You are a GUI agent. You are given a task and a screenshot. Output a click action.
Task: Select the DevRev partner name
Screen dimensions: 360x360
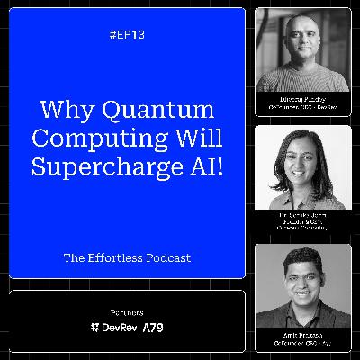(x=117, y=328)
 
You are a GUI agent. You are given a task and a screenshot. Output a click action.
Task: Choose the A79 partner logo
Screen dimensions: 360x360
(x=155, y=328)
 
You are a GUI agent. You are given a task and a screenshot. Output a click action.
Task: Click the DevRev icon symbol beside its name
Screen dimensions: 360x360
(x=96, y=328)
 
